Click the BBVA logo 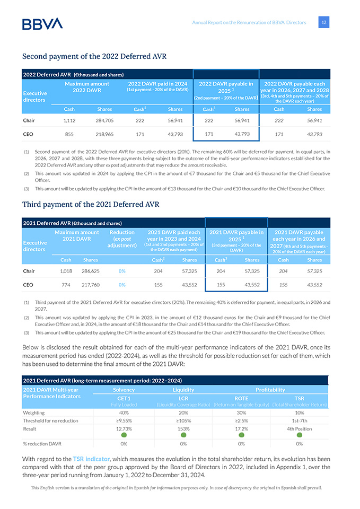42,24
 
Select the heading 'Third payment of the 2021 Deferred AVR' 91,204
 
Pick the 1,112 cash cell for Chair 69,120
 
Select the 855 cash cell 69,134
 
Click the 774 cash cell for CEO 66,285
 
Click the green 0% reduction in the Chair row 122,271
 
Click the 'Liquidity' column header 183,390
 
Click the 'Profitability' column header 270,390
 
